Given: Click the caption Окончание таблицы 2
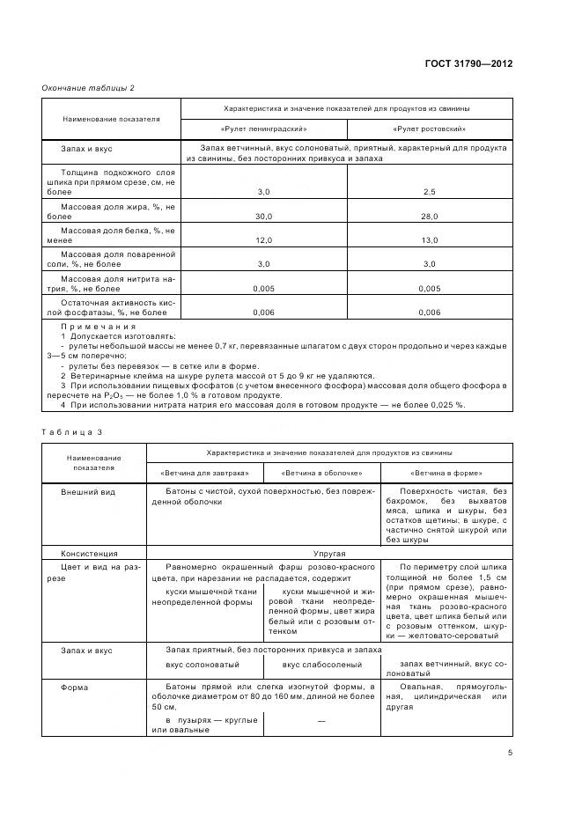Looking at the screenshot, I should click(88, 88).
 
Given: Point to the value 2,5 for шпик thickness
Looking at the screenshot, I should click(430, 191).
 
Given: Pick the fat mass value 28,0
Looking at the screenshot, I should click(430, 216).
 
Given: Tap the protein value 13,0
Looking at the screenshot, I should click(430, 239).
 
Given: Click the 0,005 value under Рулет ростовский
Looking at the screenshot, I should click(430, 288).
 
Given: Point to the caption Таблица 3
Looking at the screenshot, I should click(73, 431).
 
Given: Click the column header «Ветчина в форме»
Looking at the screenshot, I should click(446, 472).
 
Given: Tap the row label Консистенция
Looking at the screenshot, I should click(89, 554).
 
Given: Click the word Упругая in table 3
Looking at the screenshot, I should click(328, 554).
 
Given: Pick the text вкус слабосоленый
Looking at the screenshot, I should click(321, 664).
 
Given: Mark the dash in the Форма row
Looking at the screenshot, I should click(321, 721).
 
